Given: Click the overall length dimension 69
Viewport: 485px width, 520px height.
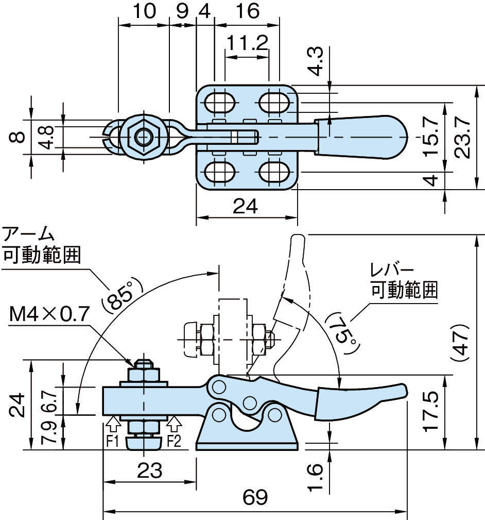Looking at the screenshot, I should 255,498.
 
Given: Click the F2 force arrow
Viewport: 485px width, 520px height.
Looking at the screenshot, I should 175,425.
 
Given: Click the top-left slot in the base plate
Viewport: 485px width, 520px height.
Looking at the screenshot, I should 218,103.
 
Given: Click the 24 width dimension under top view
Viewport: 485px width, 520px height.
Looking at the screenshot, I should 247,207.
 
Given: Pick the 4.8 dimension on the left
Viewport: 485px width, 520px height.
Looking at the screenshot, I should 47,137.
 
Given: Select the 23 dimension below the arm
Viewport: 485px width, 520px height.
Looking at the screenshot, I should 150,469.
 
